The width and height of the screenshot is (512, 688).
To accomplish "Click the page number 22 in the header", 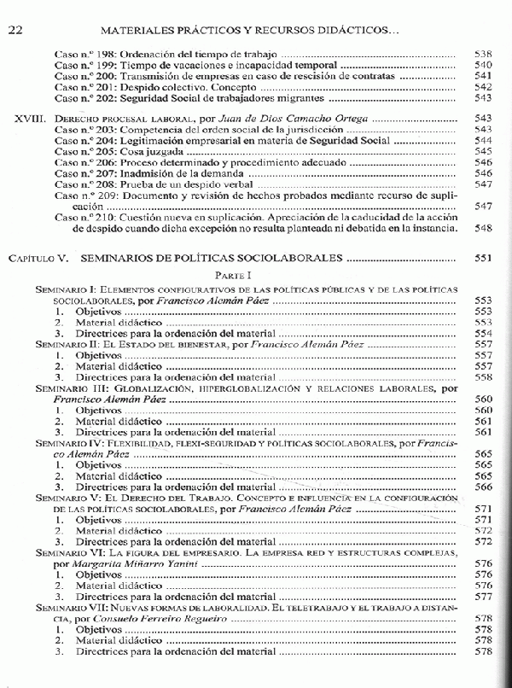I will click(15, 30).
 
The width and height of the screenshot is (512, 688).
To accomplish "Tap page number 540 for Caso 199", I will click(483, 65).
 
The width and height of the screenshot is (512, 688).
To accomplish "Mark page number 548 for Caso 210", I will click(483, 230).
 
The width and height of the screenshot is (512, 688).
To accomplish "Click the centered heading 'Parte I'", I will click(255, 275).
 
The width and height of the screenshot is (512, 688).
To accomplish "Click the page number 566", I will click(483, 487).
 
